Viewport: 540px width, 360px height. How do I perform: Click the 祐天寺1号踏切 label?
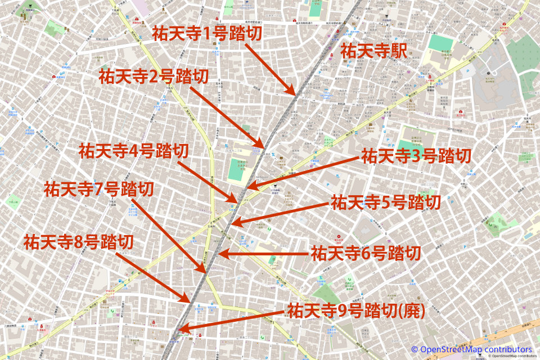tap(207, 34)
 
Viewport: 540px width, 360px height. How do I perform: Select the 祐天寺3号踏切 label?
tap(416, 155)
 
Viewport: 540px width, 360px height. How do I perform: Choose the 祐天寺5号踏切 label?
tap(386, 202)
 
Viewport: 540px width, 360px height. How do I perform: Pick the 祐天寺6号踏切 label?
tap(366, 253)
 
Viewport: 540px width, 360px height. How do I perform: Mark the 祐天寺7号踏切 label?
tap(99, 188)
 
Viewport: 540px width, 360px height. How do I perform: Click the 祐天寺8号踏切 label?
tap(79, 242)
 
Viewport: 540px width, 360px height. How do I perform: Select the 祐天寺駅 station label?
tap(373, 51)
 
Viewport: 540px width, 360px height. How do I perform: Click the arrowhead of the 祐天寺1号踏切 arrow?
tap(294, 94)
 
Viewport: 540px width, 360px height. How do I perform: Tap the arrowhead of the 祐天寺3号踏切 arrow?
tap(248, 187)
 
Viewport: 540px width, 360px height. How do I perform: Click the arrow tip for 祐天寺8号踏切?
tap(192, 303)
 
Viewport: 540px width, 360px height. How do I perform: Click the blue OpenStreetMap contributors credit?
tap(471, 349)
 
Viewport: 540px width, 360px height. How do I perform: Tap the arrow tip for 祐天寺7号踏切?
tap(205, 273)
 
